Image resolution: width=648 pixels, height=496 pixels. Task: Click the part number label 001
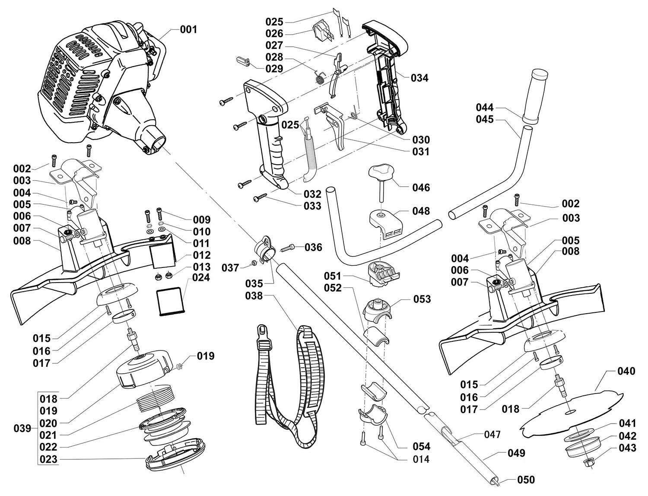click(188, 29)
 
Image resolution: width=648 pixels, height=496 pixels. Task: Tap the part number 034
click(419, 78)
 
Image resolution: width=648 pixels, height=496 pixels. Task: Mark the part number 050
click(526, 480)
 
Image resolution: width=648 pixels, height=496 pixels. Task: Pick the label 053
click(422, 299)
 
